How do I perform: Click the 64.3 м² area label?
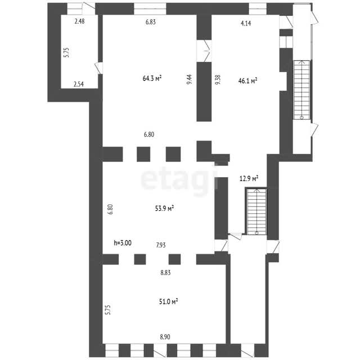152,79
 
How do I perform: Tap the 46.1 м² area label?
247,80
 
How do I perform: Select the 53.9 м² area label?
164,209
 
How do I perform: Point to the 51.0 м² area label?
169,301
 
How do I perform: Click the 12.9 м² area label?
249,179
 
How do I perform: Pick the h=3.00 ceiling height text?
123,242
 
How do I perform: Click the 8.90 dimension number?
165,337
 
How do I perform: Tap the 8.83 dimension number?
165,273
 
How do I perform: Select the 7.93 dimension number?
161,245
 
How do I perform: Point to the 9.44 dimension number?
190,79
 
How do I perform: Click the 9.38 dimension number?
218,79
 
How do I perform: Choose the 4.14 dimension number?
246,23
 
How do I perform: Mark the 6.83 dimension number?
151,22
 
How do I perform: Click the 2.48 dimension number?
80,21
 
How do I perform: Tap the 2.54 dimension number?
79,84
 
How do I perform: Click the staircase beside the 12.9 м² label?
256,211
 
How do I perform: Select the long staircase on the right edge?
301,89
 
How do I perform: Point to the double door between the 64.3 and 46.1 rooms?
204,51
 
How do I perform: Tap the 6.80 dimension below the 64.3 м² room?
149,134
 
